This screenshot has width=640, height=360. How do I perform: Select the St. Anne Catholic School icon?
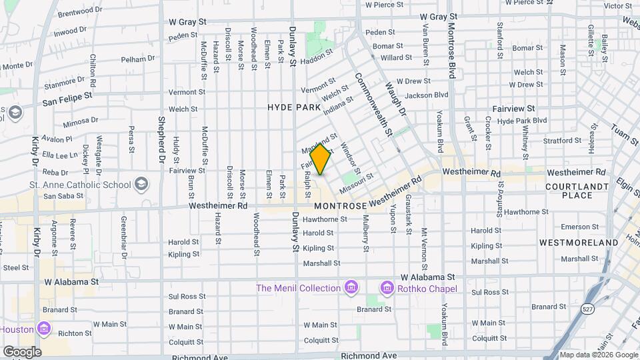pyautogui.click(x=141, y=183)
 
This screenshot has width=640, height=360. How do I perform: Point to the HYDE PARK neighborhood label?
pyautogui.click(x=293, y=107)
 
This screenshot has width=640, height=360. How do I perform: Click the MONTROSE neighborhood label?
pyautogui.click(x=340, y=207)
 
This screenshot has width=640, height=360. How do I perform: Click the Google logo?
pyautogui.click(x=22, y=352)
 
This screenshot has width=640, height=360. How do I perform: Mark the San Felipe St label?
pyautogui.click(x=67, y=98)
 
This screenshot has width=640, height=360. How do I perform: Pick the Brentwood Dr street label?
pyautogui.click(x=80, y=12)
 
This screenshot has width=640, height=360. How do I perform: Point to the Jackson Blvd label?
pyautogui.click(x=426, y=95)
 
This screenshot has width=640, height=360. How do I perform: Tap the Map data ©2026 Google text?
pyautogui.click(x=598, y=355)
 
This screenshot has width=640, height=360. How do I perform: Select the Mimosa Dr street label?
pyautogui.click(x=81, y=123)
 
